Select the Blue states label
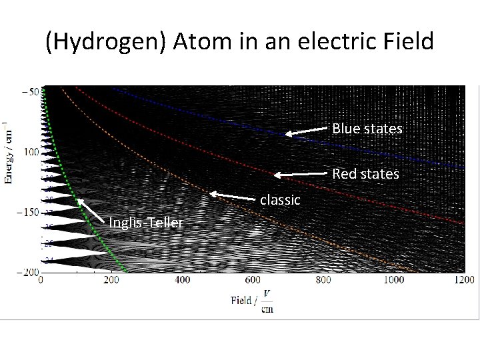click(367, 129)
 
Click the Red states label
click(366, 174)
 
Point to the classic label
click(280, 199)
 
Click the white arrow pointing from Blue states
click(308, 131)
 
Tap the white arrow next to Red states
click(302, 175)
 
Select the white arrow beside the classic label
click(233, 197)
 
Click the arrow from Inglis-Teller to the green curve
click(92, 209)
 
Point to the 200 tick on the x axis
click(111, 280)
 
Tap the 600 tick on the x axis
click(252, 280)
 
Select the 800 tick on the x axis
click(323, 280)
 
